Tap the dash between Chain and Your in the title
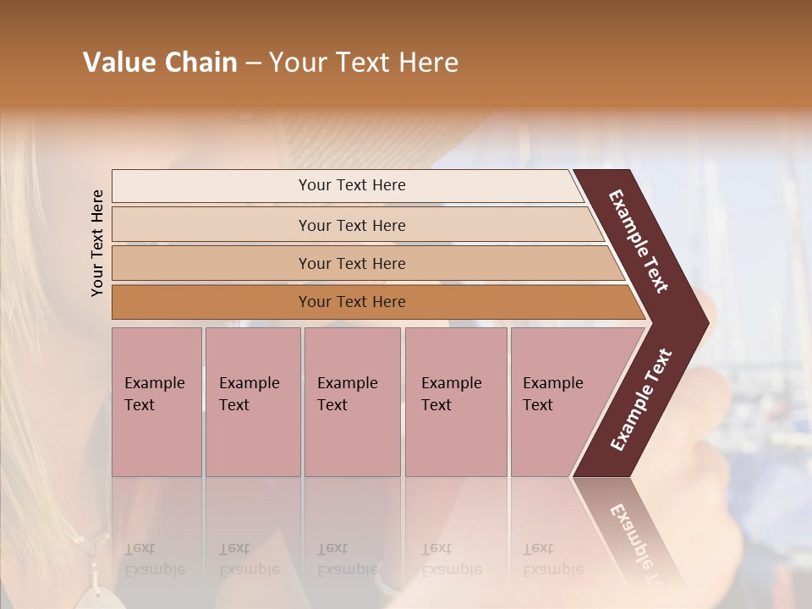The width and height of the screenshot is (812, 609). (253, 63)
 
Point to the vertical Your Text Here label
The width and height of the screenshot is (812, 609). (97, 243)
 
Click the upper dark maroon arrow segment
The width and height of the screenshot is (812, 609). (639, 241)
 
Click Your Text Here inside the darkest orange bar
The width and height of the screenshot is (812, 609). (352, 302)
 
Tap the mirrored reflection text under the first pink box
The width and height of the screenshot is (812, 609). (155, 559)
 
